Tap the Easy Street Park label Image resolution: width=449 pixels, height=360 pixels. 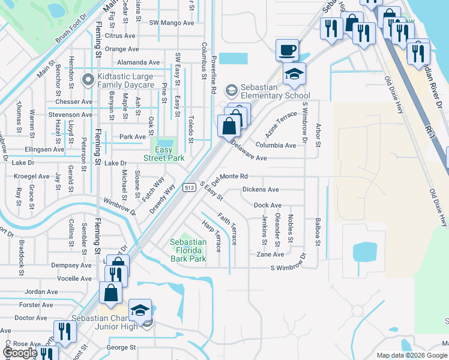[x=162, y=154]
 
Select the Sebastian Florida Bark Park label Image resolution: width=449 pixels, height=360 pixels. [x=188, y=250]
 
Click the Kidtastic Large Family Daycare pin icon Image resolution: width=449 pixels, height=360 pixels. [x=88, y=78]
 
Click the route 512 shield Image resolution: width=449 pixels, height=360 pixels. [x=188, y=188]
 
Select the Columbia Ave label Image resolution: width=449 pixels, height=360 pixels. [x=276, y=145]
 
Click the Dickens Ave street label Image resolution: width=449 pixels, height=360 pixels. [x=261, y=190]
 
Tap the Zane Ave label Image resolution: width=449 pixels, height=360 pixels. [x=270, y=254]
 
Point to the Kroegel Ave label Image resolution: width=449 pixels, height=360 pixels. [x=32, y=176]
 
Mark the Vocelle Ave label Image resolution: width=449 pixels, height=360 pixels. [x=74, y=278]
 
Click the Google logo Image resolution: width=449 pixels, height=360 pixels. [x=20, y=353]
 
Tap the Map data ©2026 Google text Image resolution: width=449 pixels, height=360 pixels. [x=412, y=355]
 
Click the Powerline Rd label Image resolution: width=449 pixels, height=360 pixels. [x=214, y=74]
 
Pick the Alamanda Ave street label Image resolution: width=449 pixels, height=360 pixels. [x=138, y=62]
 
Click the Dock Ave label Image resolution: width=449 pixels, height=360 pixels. [x=267, y=205]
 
